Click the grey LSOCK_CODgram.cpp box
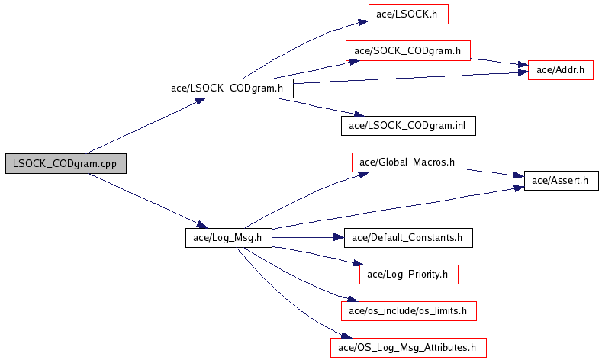tap(65, 164)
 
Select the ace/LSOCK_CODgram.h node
tap(227, 88)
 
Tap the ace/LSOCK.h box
tap(407, 14)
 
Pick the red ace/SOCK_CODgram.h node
tap(407, 51)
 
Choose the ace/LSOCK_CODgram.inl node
tap(407, 125)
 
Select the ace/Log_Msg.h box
tap(228, 238)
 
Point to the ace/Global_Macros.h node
tap(407, 162)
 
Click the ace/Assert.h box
tap(561, 181)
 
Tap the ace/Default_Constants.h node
tap(407, 237)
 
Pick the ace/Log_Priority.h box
tap(407, 274)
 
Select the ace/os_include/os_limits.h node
tap(407, 310)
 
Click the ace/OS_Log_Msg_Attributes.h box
tap(407, 347)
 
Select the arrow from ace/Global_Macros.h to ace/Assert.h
tap(495, 172)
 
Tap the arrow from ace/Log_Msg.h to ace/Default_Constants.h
tap(305, 238)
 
